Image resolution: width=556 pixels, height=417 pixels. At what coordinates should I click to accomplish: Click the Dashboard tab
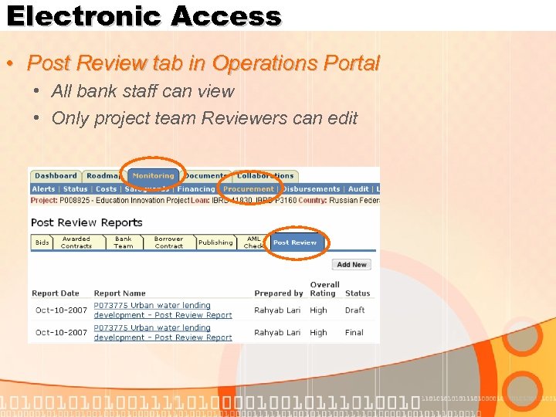(x=56, y=176)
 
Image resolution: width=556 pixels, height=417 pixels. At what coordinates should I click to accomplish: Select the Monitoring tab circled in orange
(x=153, y=176)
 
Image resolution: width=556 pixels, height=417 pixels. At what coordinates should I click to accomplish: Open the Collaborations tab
(x=266, y=176)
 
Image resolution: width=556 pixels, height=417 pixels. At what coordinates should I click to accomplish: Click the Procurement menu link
(x=249, y=189)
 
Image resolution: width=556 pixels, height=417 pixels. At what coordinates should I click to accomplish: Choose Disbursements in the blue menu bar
(x=311, y=189)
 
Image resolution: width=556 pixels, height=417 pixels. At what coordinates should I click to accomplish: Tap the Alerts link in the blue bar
(x=44, y=189)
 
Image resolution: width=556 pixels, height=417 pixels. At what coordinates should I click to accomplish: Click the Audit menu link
(x=358, y=189)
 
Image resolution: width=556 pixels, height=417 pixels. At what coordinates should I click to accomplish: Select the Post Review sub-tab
(x=295, y=242)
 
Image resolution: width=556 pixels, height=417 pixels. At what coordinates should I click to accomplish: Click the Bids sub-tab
(x=42, y=242)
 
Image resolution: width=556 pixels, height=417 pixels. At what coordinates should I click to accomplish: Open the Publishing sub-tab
(x=215, y=242)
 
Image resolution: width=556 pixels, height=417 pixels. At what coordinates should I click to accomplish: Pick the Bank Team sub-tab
(x=124, y=242)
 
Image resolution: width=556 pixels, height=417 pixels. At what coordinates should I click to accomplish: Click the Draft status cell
(x=354, y=310)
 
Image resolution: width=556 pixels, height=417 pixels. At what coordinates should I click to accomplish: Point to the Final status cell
(x=354, y=333)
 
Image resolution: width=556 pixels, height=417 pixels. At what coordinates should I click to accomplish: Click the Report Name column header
(x=120, y=293)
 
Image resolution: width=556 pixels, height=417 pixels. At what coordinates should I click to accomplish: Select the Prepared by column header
(x=279, y=293)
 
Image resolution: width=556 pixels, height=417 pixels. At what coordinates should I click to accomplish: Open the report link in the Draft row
(x=162, y=310)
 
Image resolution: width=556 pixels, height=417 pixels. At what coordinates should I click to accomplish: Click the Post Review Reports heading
(x=86, y=222)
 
